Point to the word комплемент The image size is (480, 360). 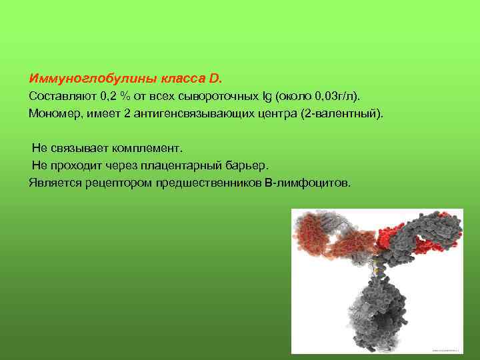[x=143, y=147]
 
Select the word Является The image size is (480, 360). [x=55, y=182]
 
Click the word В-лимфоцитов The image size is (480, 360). [x=307, y=182]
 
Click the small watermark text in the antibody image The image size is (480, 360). [x=447, y=349]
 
